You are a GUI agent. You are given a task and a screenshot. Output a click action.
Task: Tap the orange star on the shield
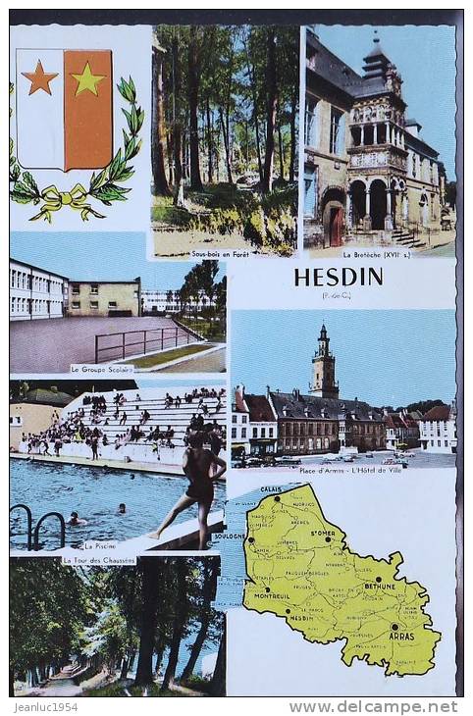coord(39,77)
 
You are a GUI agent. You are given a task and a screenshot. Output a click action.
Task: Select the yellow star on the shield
coord(87,78)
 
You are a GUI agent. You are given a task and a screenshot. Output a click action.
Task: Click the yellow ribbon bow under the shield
coord(66,201)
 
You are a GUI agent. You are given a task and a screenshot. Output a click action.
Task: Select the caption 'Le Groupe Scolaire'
coord(101,369)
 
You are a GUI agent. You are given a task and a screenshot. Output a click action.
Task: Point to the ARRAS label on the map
coord(401,635)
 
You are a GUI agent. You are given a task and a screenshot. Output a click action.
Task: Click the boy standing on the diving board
coord(196,485)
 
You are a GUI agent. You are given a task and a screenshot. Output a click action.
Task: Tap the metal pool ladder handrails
coord(37,527)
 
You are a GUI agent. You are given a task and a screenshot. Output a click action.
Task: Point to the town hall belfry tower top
coord(323,338)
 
